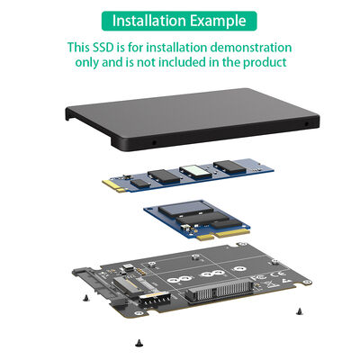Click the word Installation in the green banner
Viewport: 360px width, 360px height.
[x=151, y=21]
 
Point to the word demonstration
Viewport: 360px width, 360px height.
[x=249, y=47]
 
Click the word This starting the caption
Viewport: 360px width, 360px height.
[x=83, y=47]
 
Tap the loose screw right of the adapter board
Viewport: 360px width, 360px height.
[x=298, y=310]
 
